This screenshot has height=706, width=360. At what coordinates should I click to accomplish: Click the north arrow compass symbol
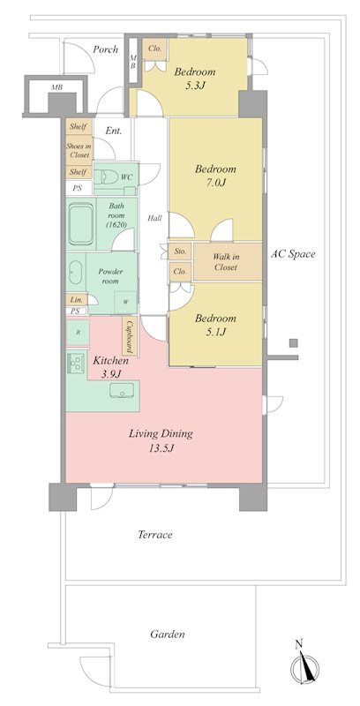(x=305, y=664)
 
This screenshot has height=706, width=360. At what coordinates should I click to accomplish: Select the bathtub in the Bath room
(x=81, y=223)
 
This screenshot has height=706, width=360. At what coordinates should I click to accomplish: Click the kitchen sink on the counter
(x=122, y=390)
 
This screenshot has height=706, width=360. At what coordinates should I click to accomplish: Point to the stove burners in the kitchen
(x=76, y=363)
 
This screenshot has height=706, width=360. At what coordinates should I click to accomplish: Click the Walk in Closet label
(x=226, y=261)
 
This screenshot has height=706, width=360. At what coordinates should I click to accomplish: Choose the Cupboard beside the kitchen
(x=130, y=336)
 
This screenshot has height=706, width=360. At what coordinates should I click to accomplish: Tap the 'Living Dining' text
(x=161, y=434)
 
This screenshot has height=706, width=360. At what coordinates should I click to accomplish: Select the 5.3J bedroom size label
(x=194, y=85)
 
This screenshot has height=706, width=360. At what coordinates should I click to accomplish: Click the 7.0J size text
(x=215, y=183)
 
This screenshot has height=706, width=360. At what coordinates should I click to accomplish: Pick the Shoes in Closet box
(x=79, y=150)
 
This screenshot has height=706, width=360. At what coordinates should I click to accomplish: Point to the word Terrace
(x=154, y=535)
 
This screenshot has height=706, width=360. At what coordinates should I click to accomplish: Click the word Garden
(x=168, y=635)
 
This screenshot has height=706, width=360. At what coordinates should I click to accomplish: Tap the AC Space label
(x=293, y=254)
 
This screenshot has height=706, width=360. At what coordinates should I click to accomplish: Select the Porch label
(x=105, y=49)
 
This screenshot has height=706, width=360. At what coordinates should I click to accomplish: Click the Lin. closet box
(x=77, y=299)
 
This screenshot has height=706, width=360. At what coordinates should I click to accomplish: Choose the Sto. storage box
(x=180, y=252)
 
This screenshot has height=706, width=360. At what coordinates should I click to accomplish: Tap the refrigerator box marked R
(x=78, y=334)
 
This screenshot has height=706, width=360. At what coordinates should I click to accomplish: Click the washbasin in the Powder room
(x=75, y=273)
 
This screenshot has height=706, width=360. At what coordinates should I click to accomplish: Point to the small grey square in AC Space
(x=294, y=343)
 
